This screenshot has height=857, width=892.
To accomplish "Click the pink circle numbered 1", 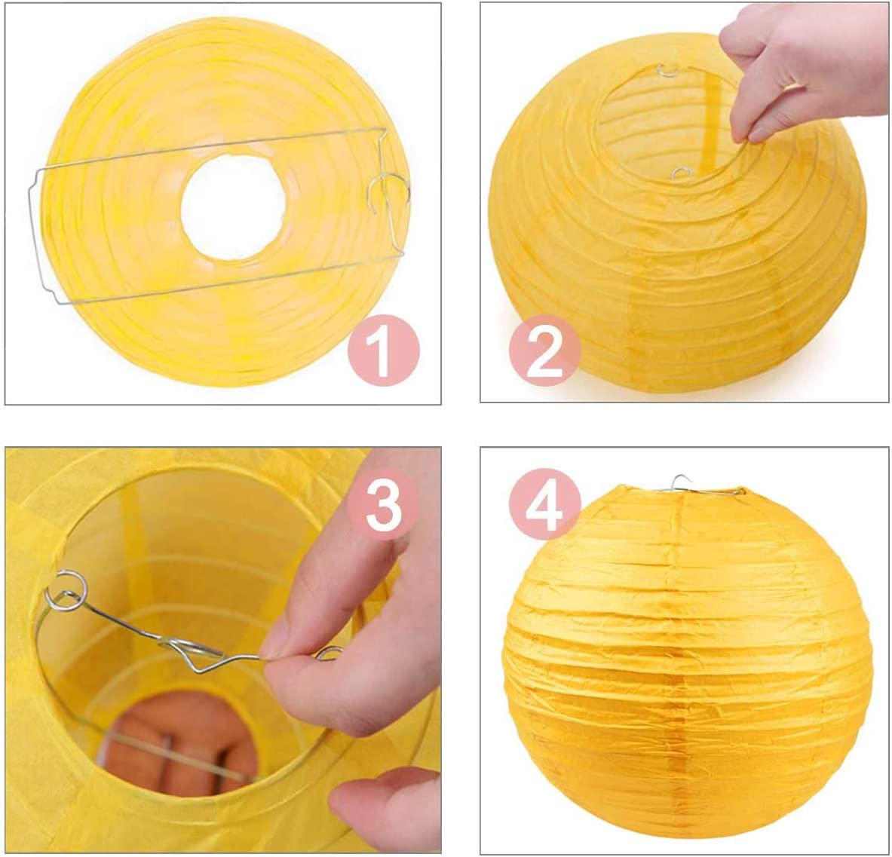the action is click(384, 350).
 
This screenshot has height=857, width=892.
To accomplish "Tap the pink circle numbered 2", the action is click(545, 350).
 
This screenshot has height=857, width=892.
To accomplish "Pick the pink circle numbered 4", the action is click(545, 505).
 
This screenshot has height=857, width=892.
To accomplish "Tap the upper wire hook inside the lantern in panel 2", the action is click(668, 71).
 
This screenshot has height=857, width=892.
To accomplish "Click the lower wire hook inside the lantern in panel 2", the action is click(681, 173).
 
